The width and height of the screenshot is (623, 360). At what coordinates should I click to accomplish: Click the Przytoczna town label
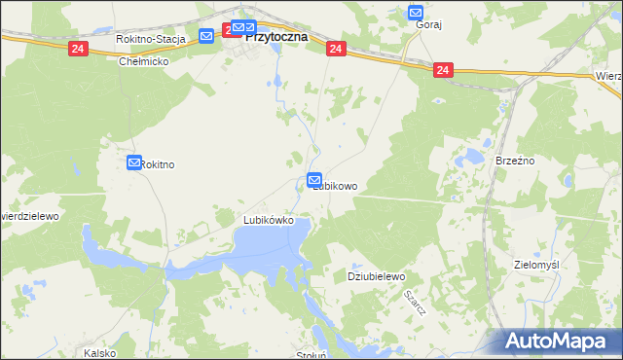(x=275, y=36)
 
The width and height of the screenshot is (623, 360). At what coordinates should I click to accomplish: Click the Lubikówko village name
(x=269, y=220)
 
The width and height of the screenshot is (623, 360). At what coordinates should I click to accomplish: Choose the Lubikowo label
(x=336, y=186)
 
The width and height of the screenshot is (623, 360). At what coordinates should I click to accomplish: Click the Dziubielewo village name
(x=376, y=276)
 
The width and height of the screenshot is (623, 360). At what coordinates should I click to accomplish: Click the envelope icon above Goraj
(x=416, y=13)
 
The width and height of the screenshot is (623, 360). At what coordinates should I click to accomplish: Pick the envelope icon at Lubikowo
(x=314, y=179)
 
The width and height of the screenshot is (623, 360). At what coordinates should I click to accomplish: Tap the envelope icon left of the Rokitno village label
(x=134, y=163)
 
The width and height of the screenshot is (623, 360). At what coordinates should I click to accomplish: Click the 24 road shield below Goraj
(x=444, y=70)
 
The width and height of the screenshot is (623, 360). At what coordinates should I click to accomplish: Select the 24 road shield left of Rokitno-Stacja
(x=77, y=48)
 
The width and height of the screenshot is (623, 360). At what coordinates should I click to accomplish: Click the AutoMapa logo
(x=556, y=341)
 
